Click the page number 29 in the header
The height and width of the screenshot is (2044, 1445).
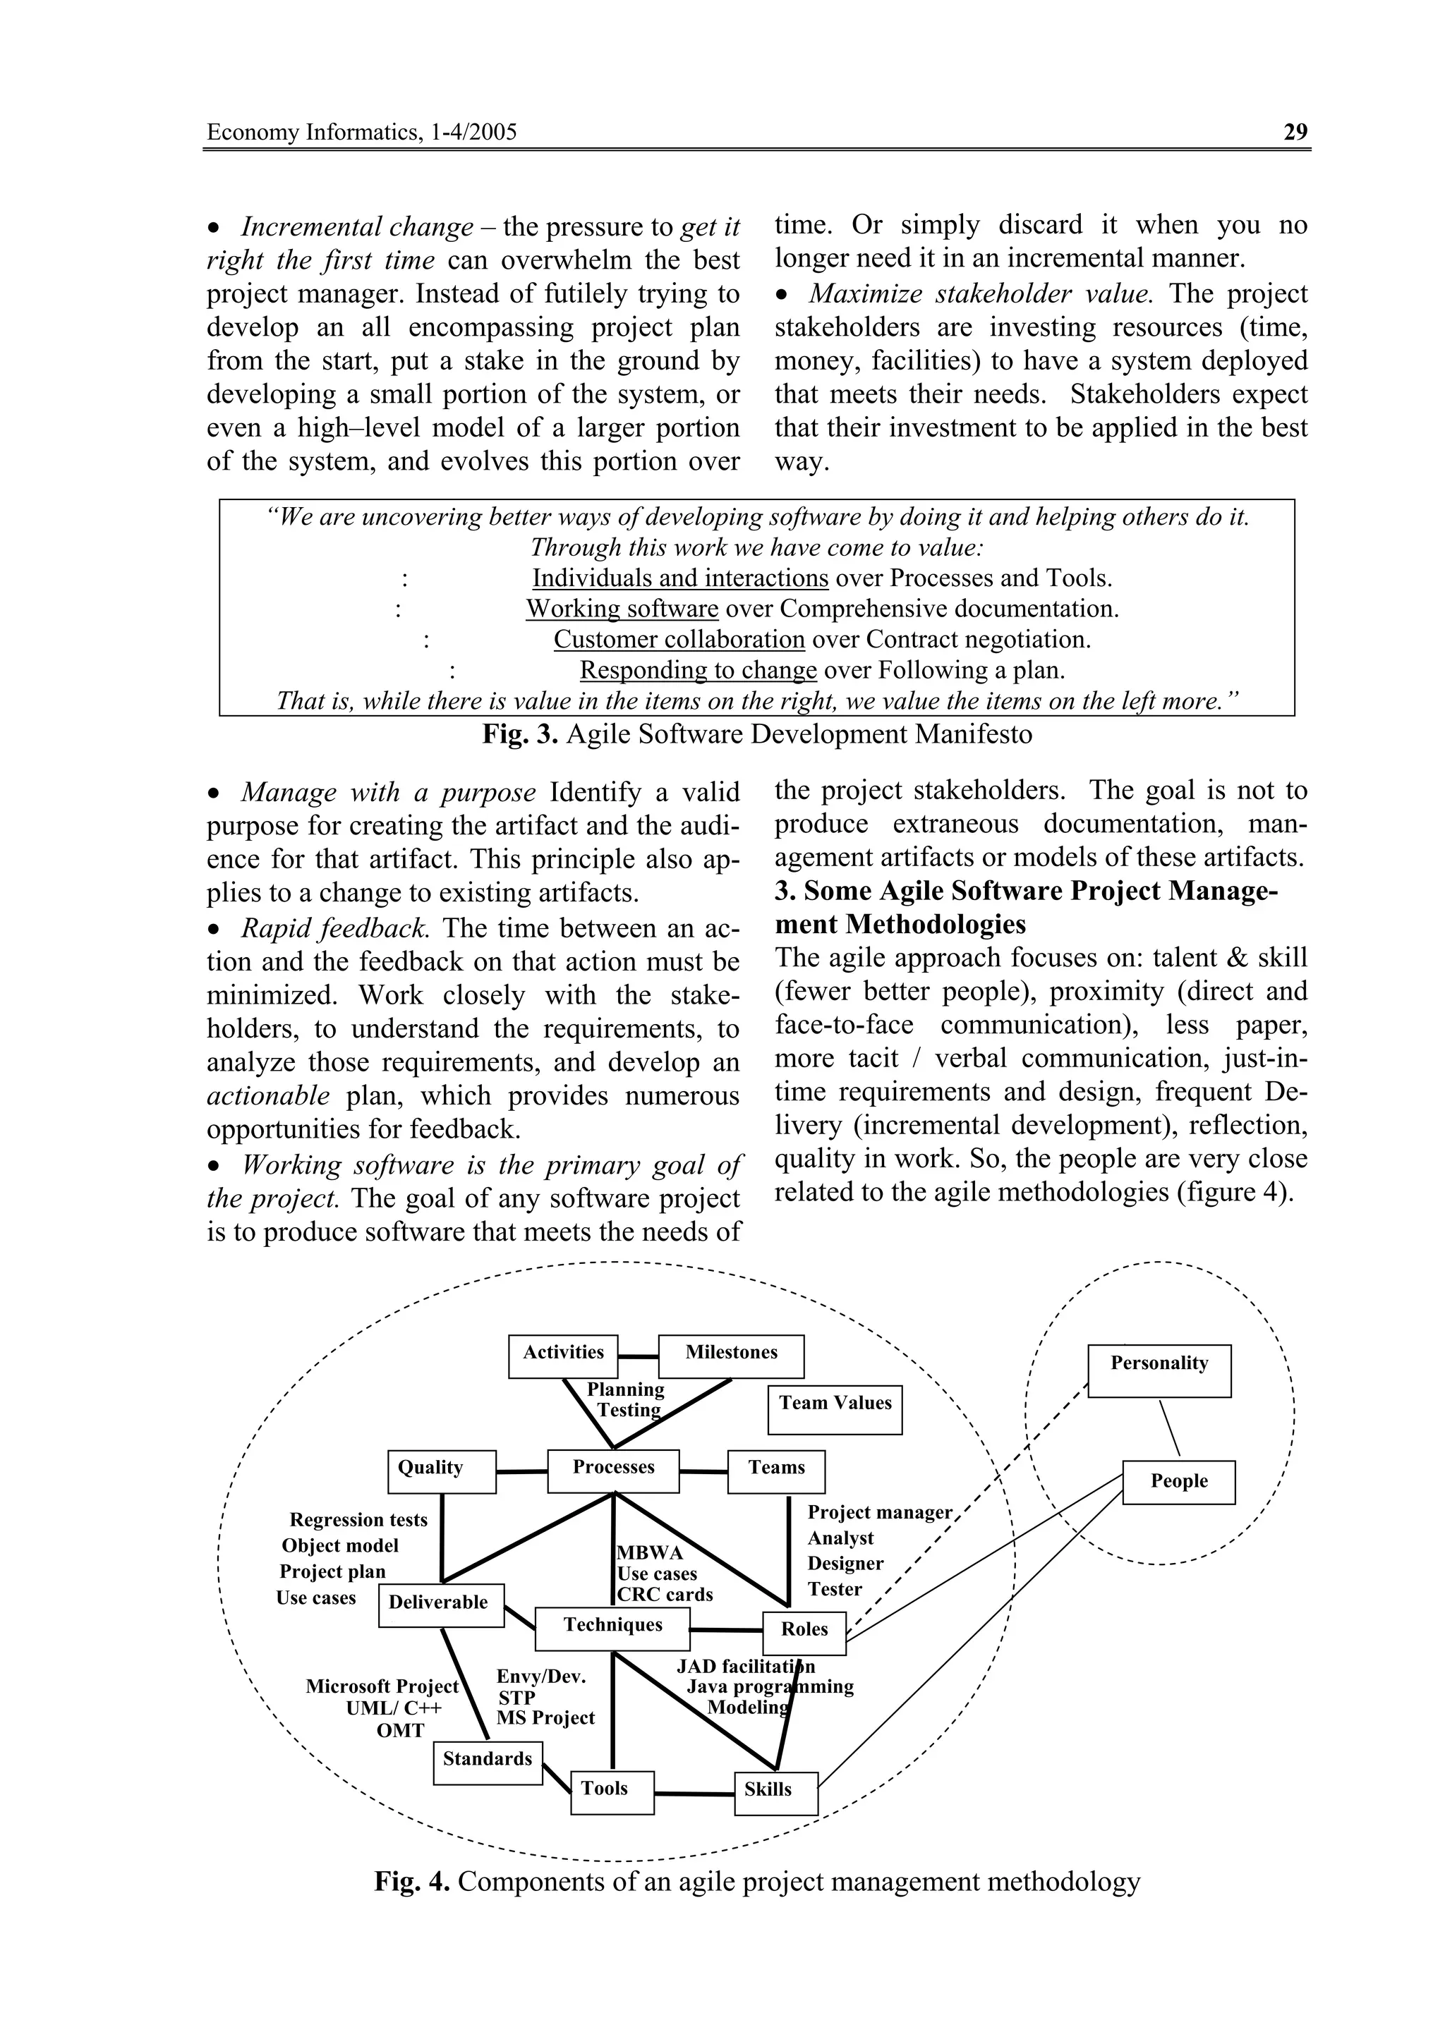tap(1295, 133)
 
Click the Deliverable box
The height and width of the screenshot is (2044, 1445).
tap(441, 1605)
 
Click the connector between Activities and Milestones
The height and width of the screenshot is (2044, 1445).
tap(637, 1357)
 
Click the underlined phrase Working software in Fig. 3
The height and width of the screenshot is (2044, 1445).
tap(622, 609)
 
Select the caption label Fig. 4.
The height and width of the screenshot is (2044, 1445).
tap(412, 1882)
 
